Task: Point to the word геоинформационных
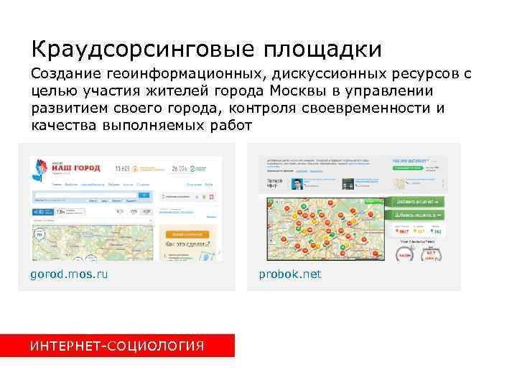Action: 183,74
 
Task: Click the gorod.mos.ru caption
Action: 69,274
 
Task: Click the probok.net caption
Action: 290,274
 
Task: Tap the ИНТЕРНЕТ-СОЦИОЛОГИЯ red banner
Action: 117,346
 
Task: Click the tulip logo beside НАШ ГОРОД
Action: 39,170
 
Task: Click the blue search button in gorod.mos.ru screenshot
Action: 144,195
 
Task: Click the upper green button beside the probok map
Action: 416,202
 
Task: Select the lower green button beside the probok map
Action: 416,214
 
